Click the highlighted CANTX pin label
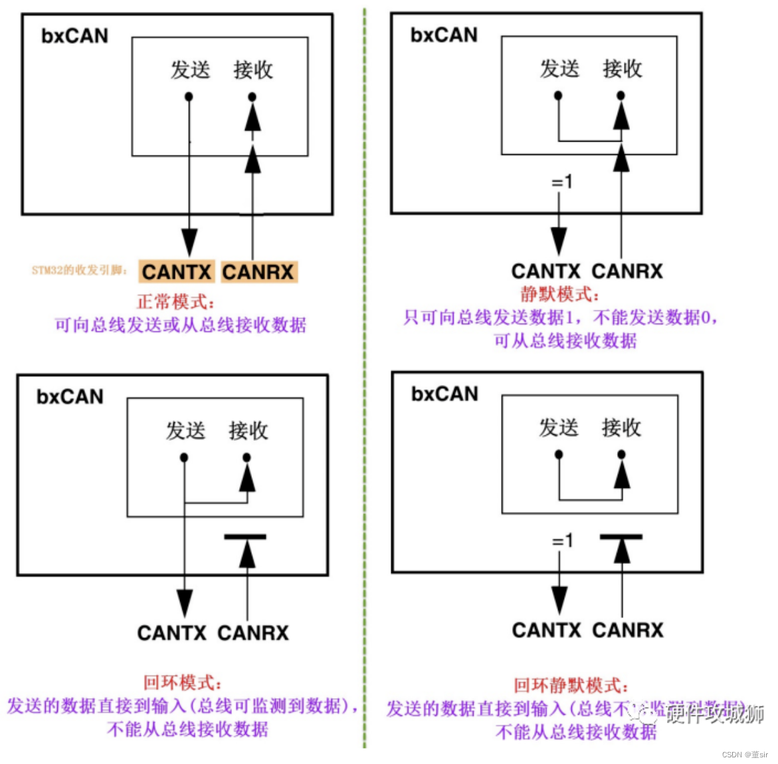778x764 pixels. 177,272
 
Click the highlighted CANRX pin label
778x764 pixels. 258,272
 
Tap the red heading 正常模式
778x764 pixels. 175,302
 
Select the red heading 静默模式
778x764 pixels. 559,294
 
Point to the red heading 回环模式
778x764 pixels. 182,682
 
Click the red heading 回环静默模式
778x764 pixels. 570,686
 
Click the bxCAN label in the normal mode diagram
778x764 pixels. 74,36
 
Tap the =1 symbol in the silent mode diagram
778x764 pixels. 562,182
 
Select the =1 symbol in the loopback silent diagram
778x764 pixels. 562,541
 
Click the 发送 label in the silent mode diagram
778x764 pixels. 559,68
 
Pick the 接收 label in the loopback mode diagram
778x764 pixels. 248,431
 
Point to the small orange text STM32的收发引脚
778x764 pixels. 79,270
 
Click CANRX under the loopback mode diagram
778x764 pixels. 253,633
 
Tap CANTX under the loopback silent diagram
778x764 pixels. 546,630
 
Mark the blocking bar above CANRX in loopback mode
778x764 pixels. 245,537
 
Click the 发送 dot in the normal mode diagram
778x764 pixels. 189,97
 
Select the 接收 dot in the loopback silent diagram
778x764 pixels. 621,455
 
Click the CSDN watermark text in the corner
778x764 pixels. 744,755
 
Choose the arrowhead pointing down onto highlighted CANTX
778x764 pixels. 189,243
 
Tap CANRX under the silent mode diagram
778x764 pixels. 627,271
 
